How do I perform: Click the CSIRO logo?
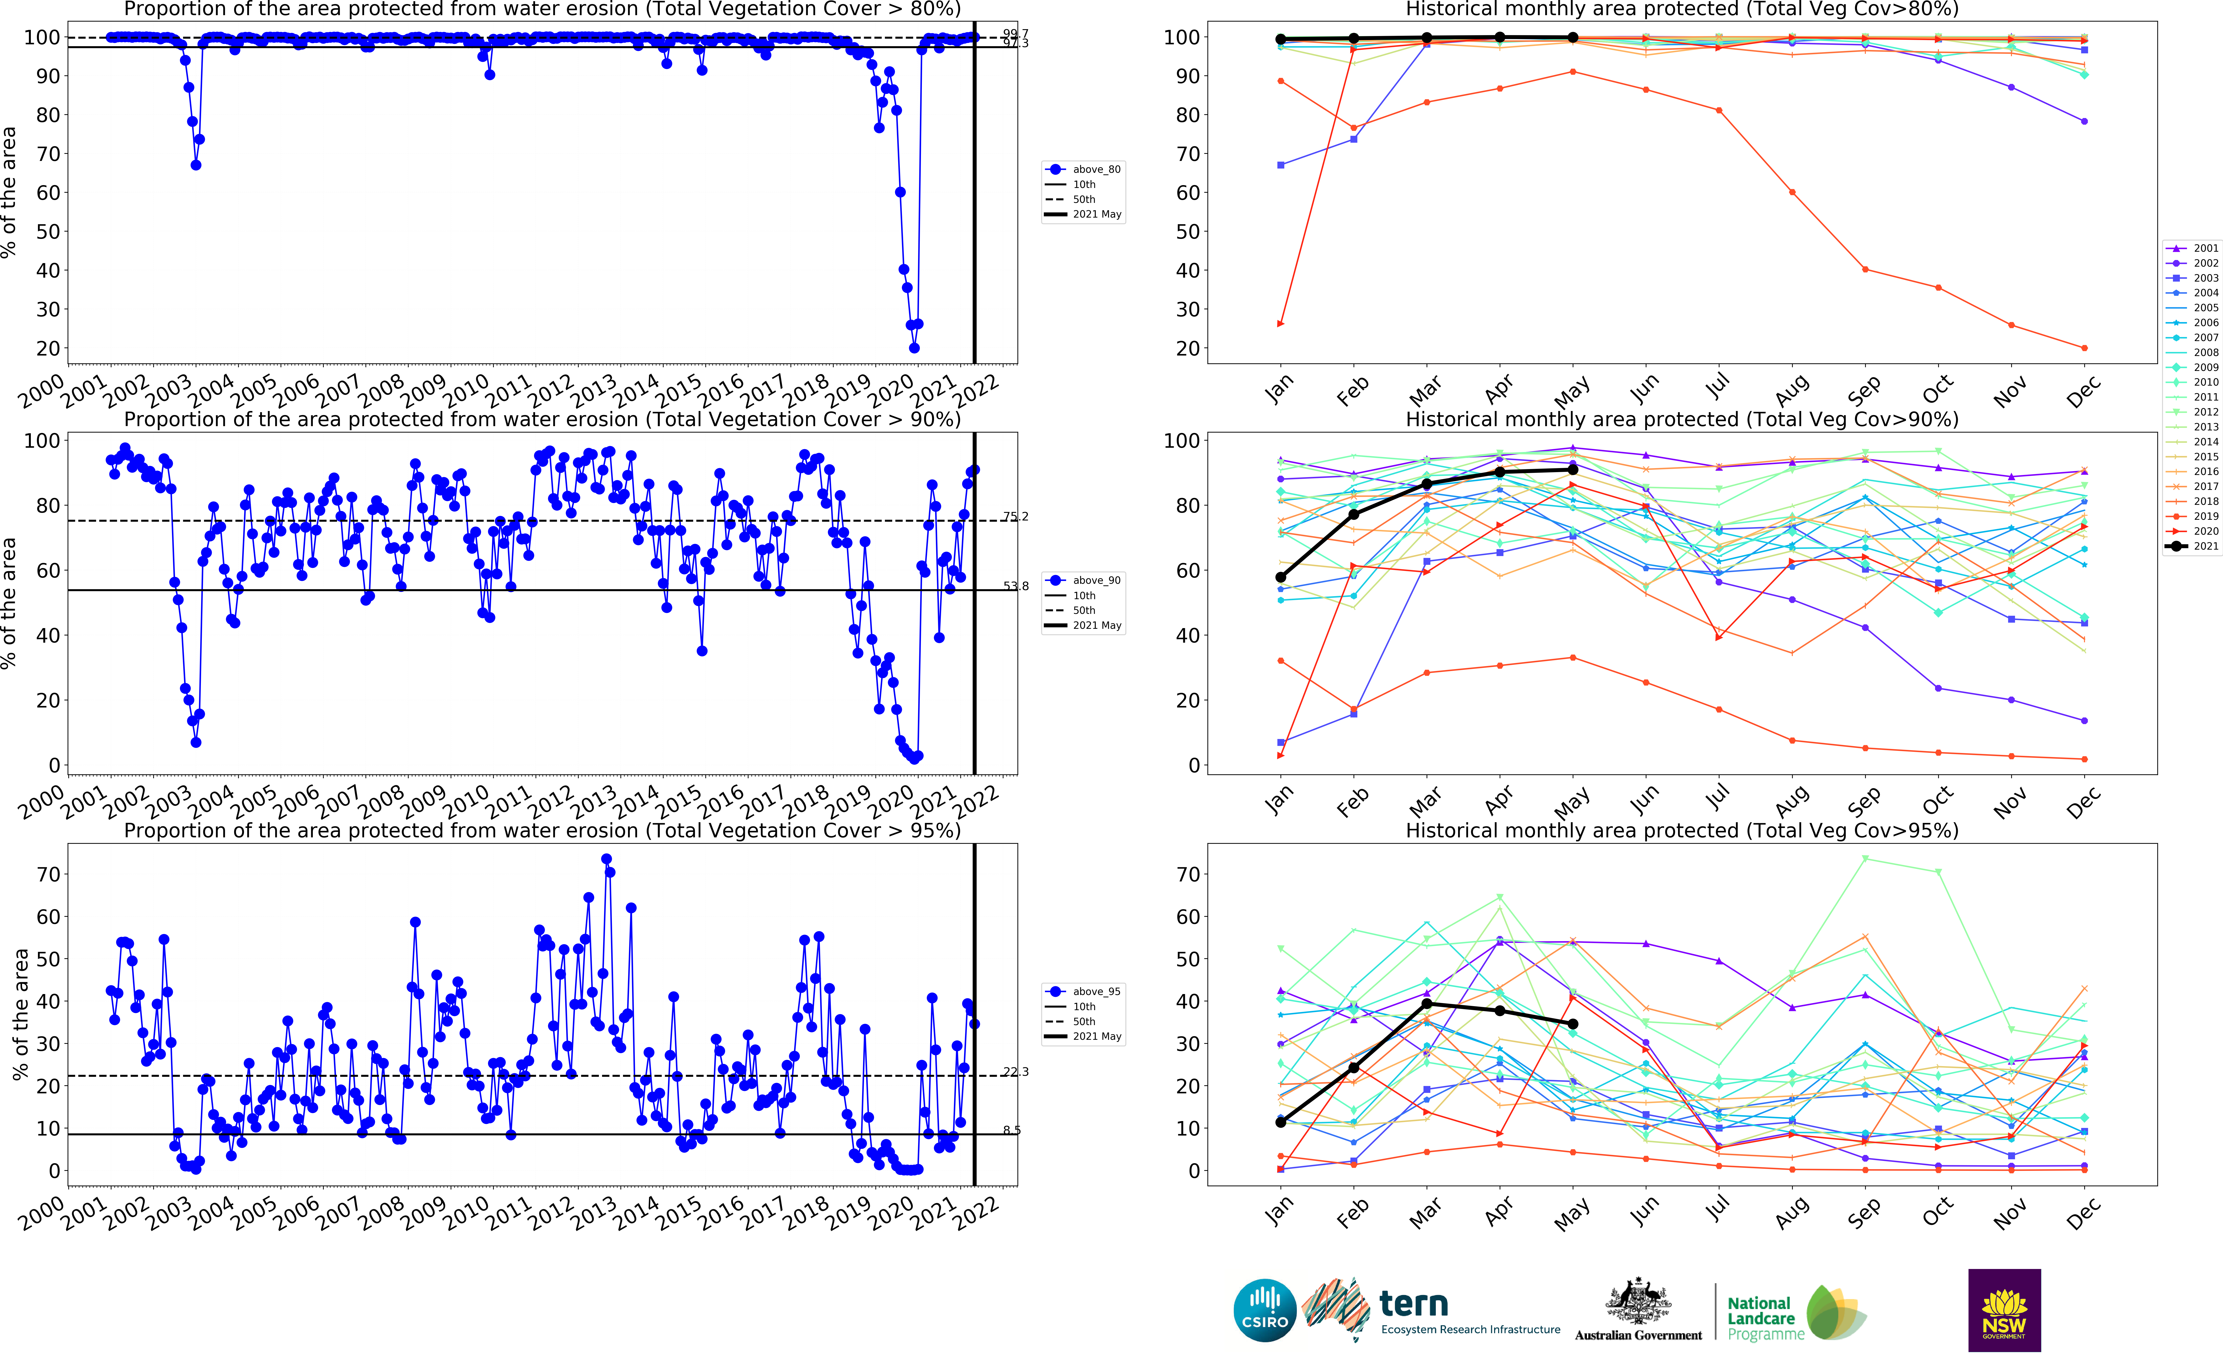coord(1265,1310)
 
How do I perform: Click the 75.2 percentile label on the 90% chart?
coord(1016,517)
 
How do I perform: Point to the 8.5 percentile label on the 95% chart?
coord(1012,1130)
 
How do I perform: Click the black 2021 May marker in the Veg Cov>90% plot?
coord(1573,470)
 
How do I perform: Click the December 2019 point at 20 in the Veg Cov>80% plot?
coord(2084,348)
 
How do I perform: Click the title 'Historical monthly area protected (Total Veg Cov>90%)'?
coord(1681,419)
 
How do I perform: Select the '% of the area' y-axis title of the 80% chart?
coord(9,192)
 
